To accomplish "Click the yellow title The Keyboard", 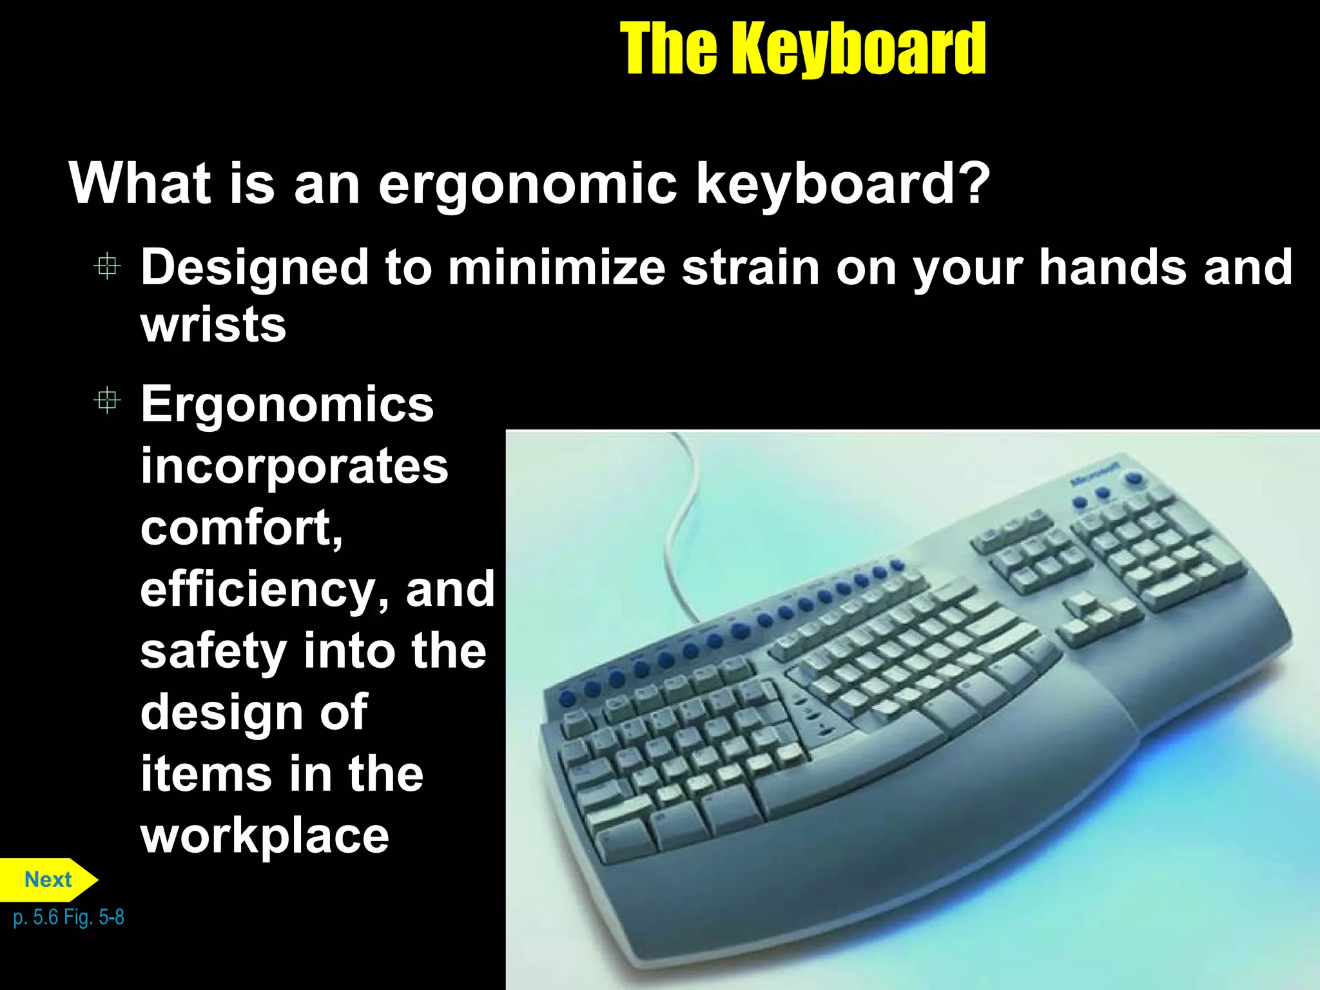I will click(802, 49).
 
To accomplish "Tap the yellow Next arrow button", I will click(48, 879).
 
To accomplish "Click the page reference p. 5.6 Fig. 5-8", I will click(68, 917).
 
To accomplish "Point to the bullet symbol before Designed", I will click(107, 266).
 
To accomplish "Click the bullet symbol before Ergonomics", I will click(107, 402).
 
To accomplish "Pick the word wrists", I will click(213, 325).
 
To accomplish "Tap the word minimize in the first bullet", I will click(556, 267).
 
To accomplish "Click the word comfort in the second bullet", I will click(241, 527).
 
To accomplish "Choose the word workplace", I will click(265, 837).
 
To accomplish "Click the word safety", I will click(213, 652).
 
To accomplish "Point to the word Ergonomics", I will click(287, 404).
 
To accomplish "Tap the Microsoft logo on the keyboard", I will click(1095, 473).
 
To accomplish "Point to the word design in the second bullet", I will click(222, 712).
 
